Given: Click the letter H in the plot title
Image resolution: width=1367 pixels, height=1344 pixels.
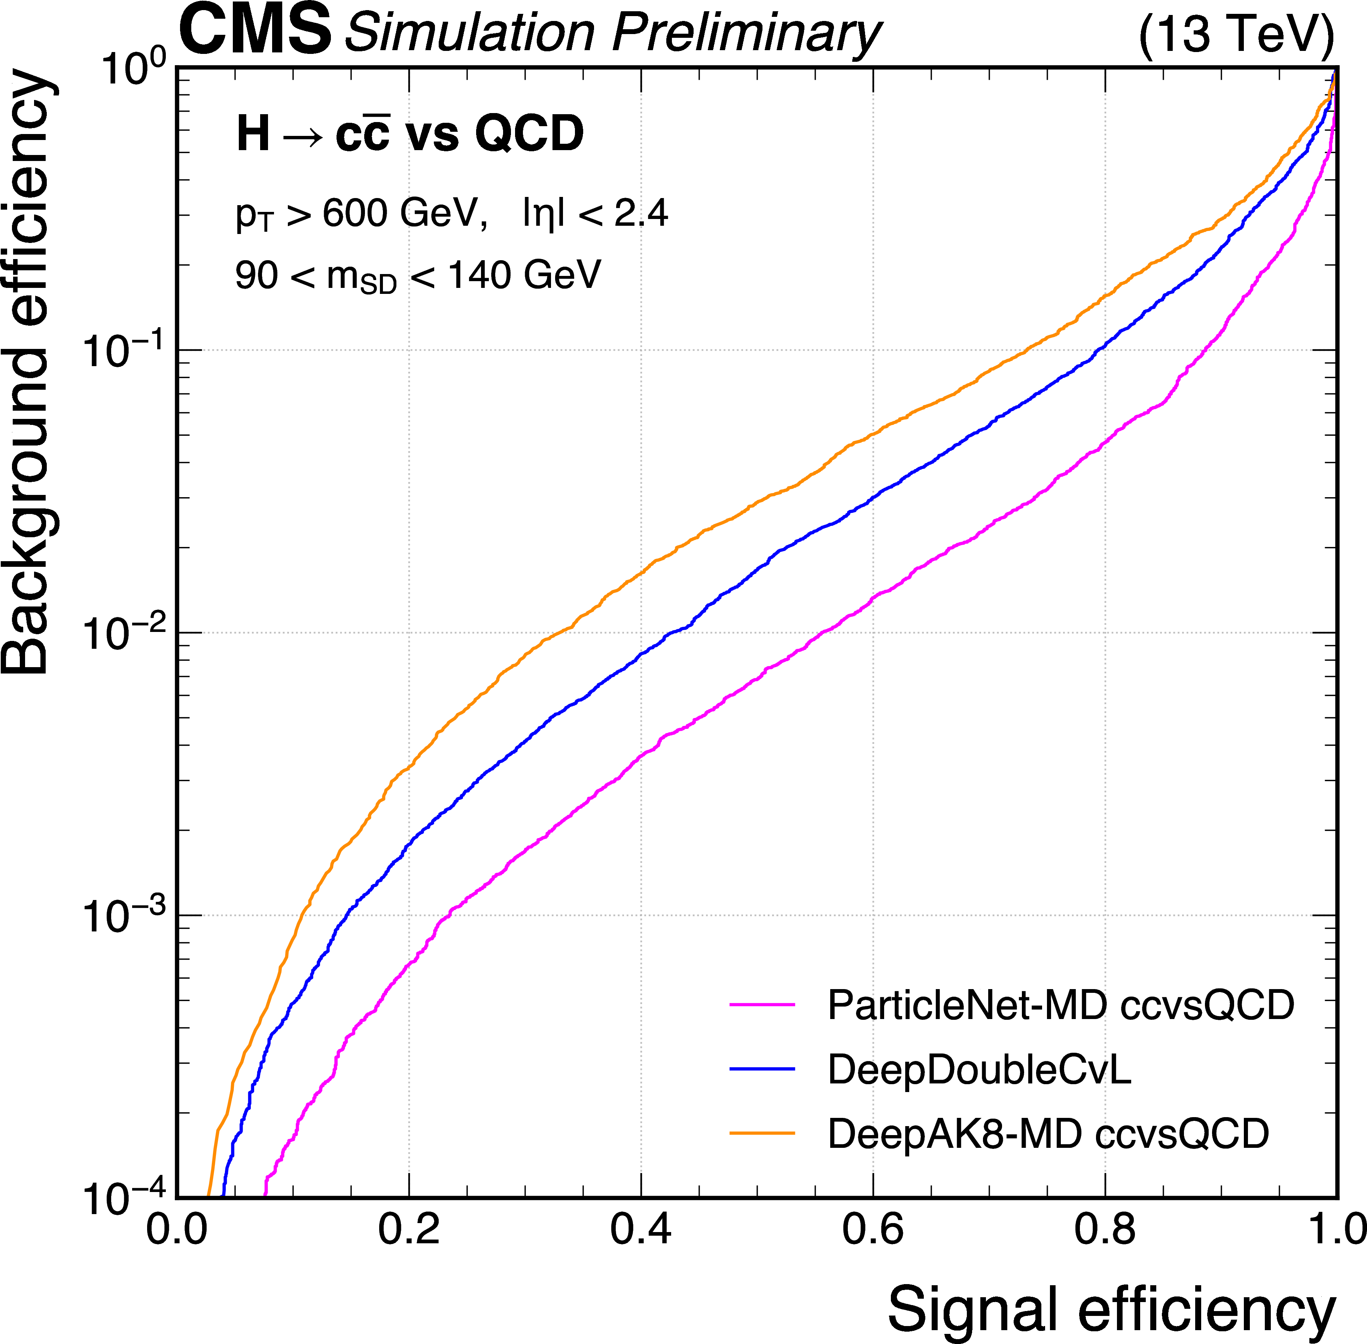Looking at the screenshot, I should coord(253,134).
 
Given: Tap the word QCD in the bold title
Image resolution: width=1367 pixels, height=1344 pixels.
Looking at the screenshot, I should coord(529,134).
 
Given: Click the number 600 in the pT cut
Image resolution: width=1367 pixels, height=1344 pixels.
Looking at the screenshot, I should coord(355,213).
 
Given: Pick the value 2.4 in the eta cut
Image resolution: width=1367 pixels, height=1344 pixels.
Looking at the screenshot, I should coord(641,213).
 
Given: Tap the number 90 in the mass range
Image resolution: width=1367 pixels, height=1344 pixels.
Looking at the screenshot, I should coord(256,275).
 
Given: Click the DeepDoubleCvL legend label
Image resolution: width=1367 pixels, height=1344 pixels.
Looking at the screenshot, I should coord(979,1070).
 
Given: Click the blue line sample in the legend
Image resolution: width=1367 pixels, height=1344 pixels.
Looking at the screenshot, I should coord(762,1070).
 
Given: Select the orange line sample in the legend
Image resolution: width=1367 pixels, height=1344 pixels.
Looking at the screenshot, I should coord(762,1134).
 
